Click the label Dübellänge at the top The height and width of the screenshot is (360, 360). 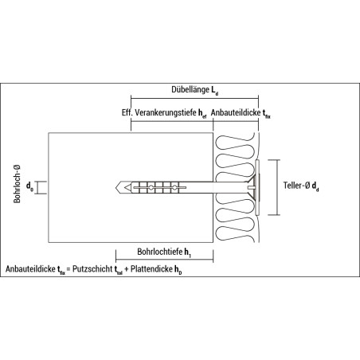[x=190, y=89]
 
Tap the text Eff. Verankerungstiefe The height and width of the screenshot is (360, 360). [x=159, y=112]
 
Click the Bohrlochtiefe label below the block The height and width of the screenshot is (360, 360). [x=160, y=252]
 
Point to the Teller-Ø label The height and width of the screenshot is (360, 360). [x=296, y=186]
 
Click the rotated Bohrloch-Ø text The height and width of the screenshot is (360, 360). [x=17, y=184]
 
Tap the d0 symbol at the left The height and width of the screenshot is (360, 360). [x=29, y=186]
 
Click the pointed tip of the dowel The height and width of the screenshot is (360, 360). [x=116, y=187]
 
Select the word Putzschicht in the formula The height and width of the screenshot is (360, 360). [x=92, y=269]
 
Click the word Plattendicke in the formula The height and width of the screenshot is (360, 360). [x=151, y=269]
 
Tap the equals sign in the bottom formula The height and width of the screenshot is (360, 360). [x=68, y=269]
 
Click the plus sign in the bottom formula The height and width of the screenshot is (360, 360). [x=127, y=269]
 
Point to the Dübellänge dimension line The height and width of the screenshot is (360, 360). [x=194, y=98]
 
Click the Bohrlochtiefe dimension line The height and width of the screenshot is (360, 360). [x=165, y=260]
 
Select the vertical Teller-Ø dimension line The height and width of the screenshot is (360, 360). [x=277, y=187]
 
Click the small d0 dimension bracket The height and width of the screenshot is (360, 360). [x=39, y=188]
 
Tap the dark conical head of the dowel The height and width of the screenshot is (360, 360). [x=255, y=187]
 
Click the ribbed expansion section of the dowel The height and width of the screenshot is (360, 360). [x=159, y=187]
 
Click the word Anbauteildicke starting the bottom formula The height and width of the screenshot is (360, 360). [x=30, y=269]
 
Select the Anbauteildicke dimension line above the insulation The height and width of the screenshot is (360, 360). [x=236, y=121]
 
